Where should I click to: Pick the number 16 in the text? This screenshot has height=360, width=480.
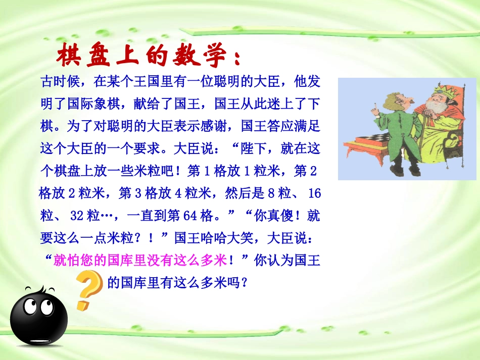tap(314, 194)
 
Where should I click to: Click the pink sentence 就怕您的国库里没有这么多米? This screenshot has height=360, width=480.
tap(138, 261)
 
